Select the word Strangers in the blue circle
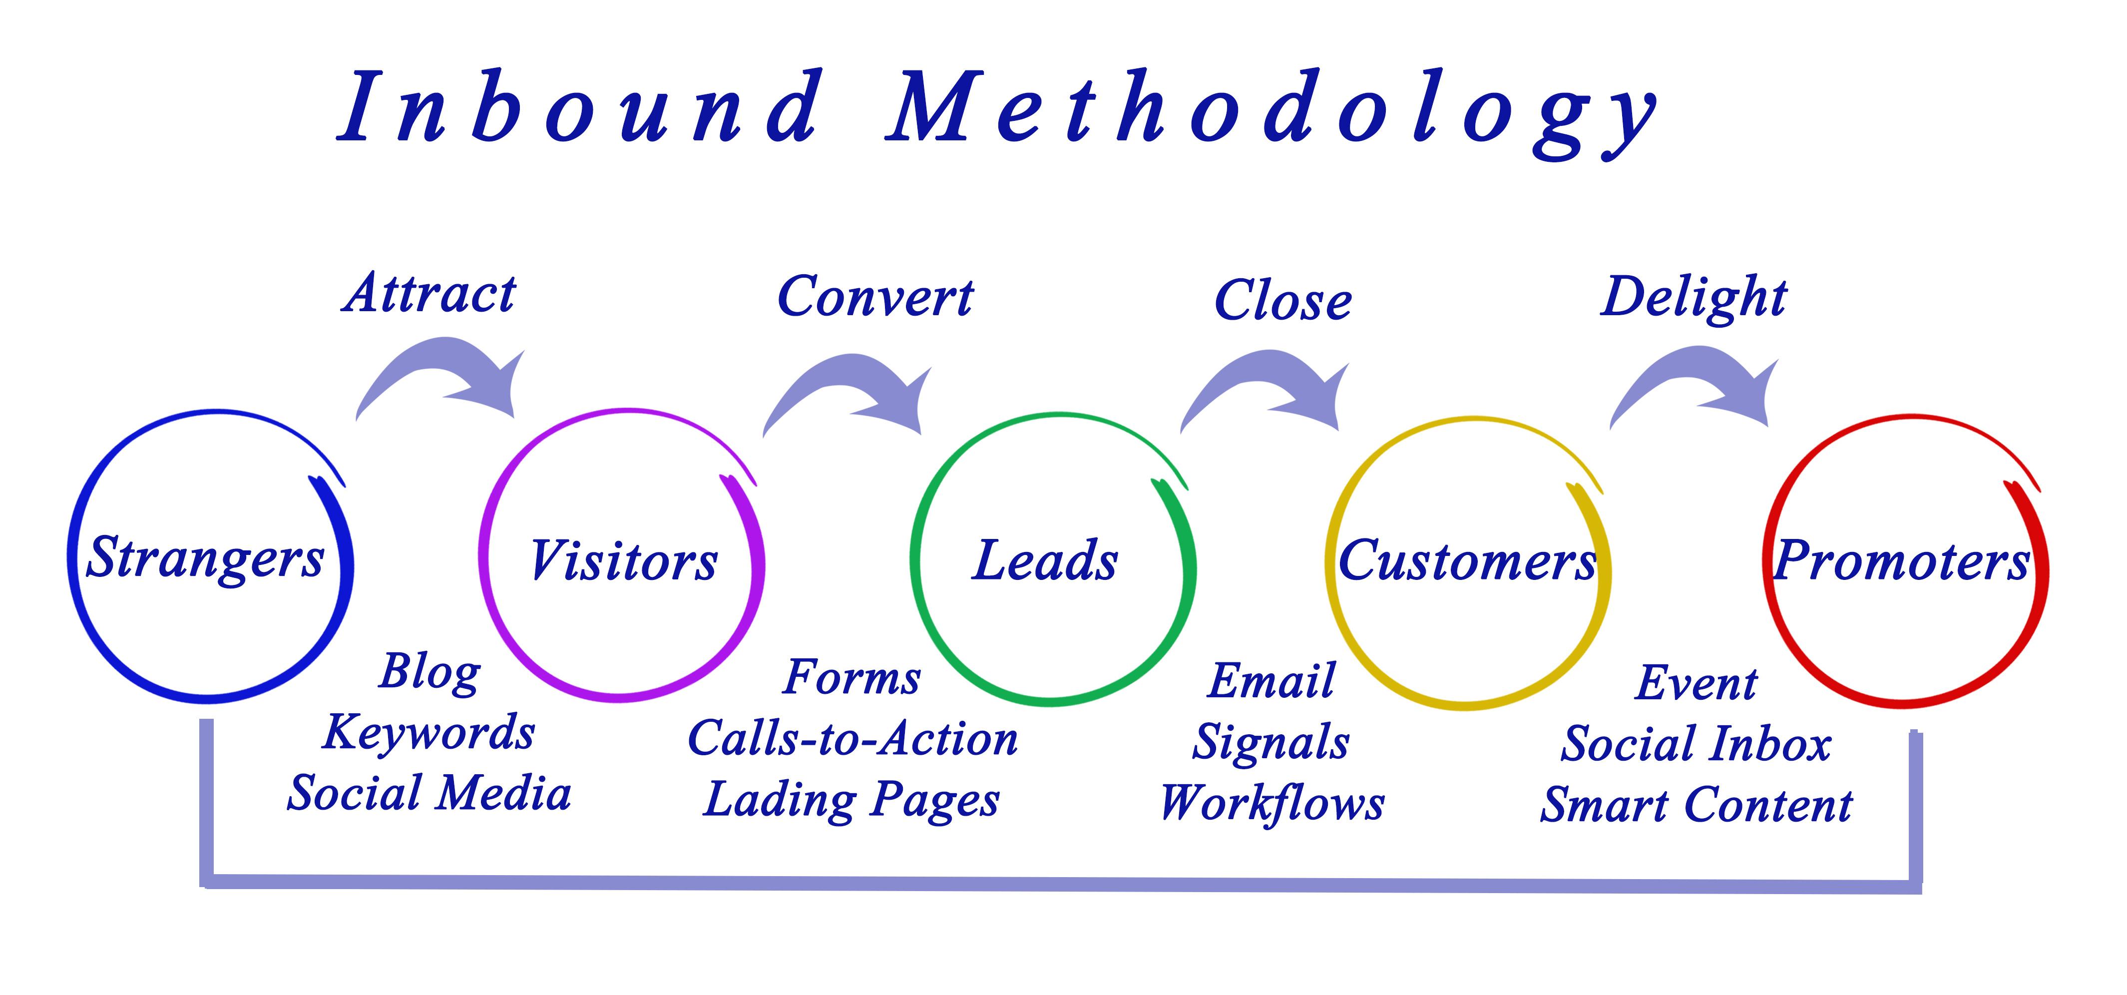[206, 559]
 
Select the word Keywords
[429, 732]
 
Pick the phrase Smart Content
[1697, 805]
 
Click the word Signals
[1271, 741]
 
